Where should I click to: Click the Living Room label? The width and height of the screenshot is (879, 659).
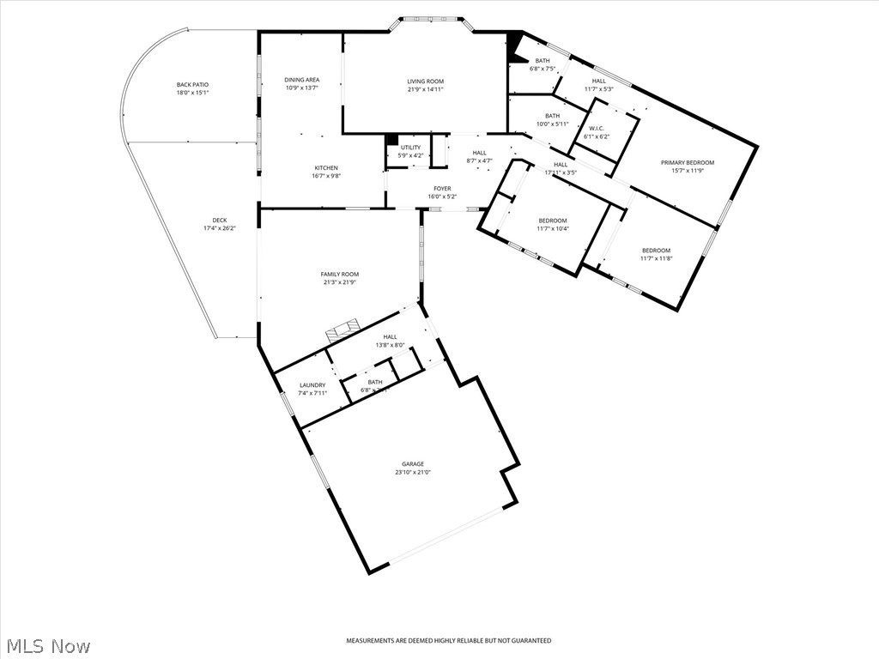[x=426, y=82]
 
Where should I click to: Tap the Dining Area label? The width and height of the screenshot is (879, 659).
[x=301, y=80]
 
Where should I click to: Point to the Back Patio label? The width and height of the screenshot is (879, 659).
[x=192, y=85]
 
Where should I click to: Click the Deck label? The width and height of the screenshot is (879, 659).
[x=220, y=220]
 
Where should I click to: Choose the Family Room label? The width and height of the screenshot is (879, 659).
[x=340, y=274]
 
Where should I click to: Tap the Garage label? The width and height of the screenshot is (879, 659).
[x=413, y=464]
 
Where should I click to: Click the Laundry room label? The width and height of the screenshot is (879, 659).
[x=312, y=385]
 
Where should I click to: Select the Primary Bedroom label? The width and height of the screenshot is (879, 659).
[x=687, y=162]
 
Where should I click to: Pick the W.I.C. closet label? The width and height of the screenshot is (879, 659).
[x=596, y=129]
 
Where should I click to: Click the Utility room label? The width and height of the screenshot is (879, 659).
[x=410, y=148]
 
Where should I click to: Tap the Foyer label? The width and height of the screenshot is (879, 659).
[x=442, y=189]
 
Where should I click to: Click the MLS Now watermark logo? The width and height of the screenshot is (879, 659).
[x=48, y=645]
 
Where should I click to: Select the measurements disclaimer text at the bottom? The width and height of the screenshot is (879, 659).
[x=448, y=640]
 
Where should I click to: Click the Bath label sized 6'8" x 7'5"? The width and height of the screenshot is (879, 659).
[x=543, y=61]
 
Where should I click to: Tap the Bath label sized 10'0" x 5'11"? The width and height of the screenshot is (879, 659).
[x=552, y=116]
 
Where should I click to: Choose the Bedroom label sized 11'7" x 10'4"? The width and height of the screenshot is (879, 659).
[x=552, y=221]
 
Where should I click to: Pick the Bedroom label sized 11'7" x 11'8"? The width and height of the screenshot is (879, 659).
[x=657, y=251]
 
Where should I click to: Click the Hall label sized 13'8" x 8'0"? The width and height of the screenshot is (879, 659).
[x=390, y=337]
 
